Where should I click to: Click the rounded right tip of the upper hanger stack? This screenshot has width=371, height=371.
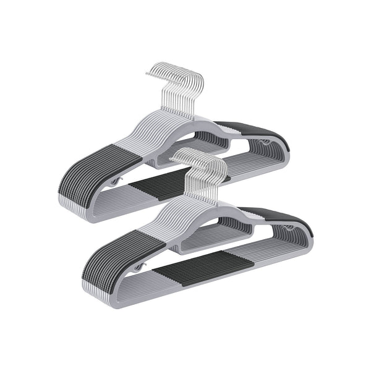coord(289,148)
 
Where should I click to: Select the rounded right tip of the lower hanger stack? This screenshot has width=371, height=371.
coord(310,238)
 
